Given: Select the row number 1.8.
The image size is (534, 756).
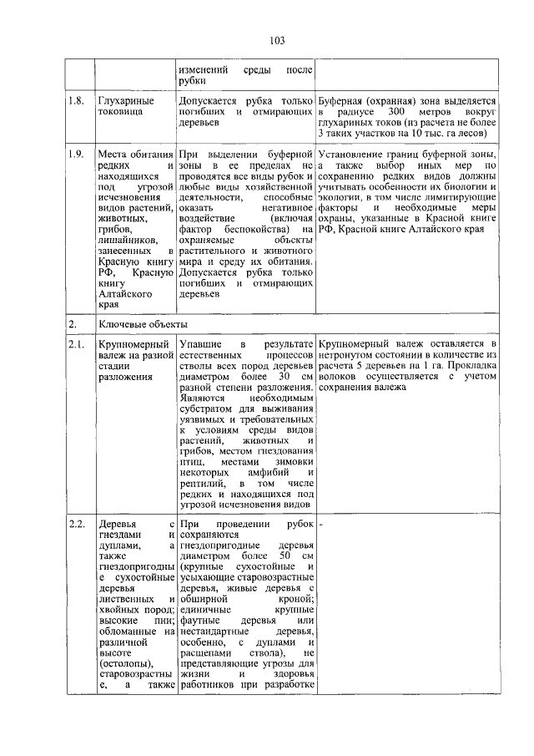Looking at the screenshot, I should tap(77, 100).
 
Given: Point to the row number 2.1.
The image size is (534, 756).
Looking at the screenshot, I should tap(77, 342).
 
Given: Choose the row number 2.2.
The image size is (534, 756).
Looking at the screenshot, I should tap(77, 524).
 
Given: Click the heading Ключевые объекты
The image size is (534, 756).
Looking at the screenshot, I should tap(142, 322).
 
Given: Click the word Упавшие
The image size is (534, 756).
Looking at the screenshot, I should tap(201, 343).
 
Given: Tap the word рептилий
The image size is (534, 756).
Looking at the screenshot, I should tap(204, 484).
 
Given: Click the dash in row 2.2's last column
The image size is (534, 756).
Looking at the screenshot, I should tap(321, 525).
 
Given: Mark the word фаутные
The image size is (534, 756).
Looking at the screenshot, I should tap(198, 622).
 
